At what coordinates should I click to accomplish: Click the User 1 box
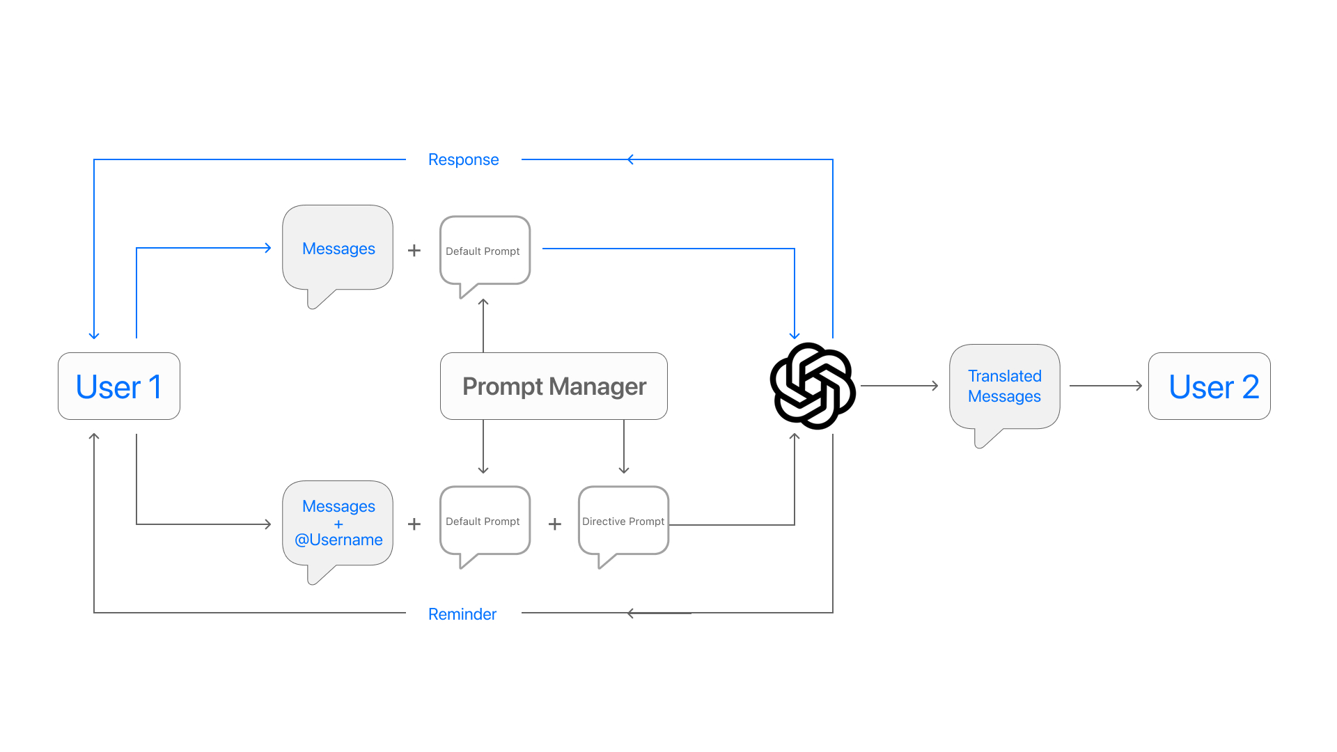[119, 386]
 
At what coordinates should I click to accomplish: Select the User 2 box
[1210, 386]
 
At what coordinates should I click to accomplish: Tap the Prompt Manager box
[554, 386]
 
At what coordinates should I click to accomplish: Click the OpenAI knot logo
[813, 386]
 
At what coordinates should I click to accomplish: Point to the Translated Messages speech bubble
[1004, 386]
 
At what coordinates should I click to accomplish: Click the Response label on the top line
[463, 159]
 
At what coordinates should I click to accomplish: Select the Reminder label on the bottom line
[462, 614]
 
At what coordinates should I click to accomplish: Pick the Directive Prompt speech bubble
[623, 522]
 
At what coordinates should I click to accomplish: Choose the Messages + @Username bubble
[338, 523]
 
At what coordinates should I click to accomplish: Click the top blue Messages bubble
[338, 249]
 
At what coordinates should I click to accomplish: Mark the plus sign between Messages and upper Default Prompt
[414, 250]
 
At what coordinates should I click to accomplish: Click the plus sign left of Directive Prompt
[555, 524]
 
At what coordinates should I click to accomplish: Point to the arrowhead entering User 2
[1139, 386]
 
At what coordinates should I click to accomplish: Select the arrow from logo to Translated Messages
[900, 386]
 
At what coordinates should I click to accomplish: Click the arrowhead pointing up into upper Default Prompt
[483, 302]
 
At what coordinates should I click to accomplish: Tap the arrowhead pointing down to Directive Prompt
[624, 470]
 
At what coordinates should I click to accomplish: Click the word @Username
[338, 540]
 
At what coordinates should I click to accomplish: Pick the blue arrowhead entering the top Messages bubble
[268, 248]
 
